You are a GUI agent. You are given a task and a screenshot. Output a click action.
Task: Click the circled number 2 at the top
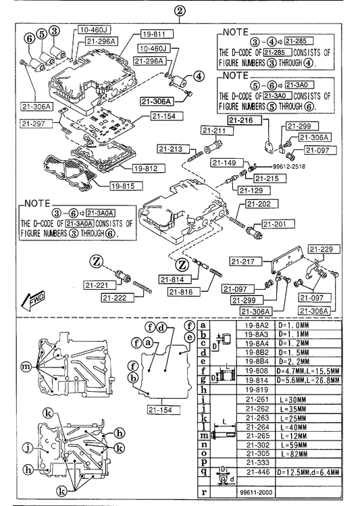click(180, 11)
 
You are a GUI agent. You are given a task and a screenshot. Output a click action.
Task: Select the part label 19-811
click(157, 34)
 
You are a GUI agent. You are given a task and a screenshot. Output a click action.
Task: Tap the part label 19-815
click(126, 186)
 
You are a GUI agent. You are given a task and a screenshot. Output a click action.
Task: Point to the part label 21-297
click(36, 123)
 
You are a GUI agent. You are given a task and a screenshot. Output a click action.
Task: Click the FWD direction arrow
click(32, 301)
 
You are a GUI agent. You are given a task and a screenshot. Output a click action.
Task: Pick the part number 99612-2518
click(288, 166)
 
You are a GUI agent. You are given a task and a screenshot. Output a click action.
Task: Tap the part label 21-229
click(321, 249)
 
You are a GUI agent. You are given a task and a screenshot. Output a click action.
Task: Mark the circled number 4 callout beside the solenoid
click(199, 76)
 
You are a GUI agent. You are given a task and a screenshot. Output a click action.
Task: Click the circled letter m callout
click(26, 366)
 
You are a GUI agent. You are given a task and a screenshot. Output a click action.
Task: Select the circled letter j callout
click(28, 447)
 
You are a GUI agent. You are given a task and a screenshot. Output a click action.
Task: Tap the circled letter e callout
click(190, 338)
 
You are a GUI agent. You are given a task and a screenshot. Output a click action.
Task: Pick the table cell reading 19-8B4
click(257, 361)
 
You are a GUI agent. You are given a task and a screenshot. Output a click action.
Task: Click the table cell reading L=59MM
click(294, 445)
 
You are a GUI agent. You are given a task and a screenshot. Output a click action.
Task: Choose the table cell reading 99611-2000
click(256, 492)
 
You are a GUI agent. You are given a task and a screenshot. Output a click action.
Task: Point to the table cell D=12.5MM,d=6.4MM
click(309, 472)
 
